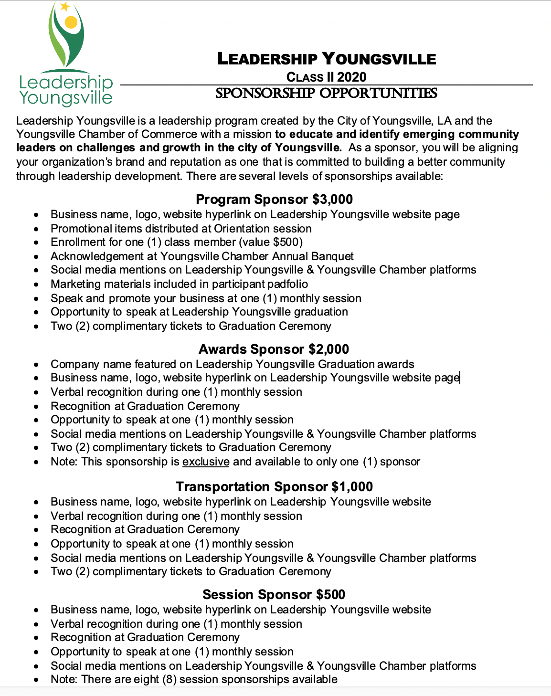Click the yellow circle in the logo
(x=71, y=21)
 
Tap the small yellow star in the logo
(x=65, y=6)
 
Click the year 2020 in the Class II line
(x=351, y=77)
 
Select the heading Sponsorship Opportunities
(x=326, y=93)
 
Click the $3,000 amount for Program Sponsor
(x=332, y=199)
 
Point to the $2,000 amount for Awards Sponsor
(x=328, y=349)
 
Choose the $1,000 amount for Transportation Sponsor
(x=352, y=486)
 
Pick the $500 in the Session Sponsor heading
(x=330, y=594)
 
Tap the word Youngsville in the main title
(x=379, y=59)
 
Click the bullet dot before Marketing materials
(x=36, y=285)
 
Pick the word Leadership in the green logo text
(x=66, y=82)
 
